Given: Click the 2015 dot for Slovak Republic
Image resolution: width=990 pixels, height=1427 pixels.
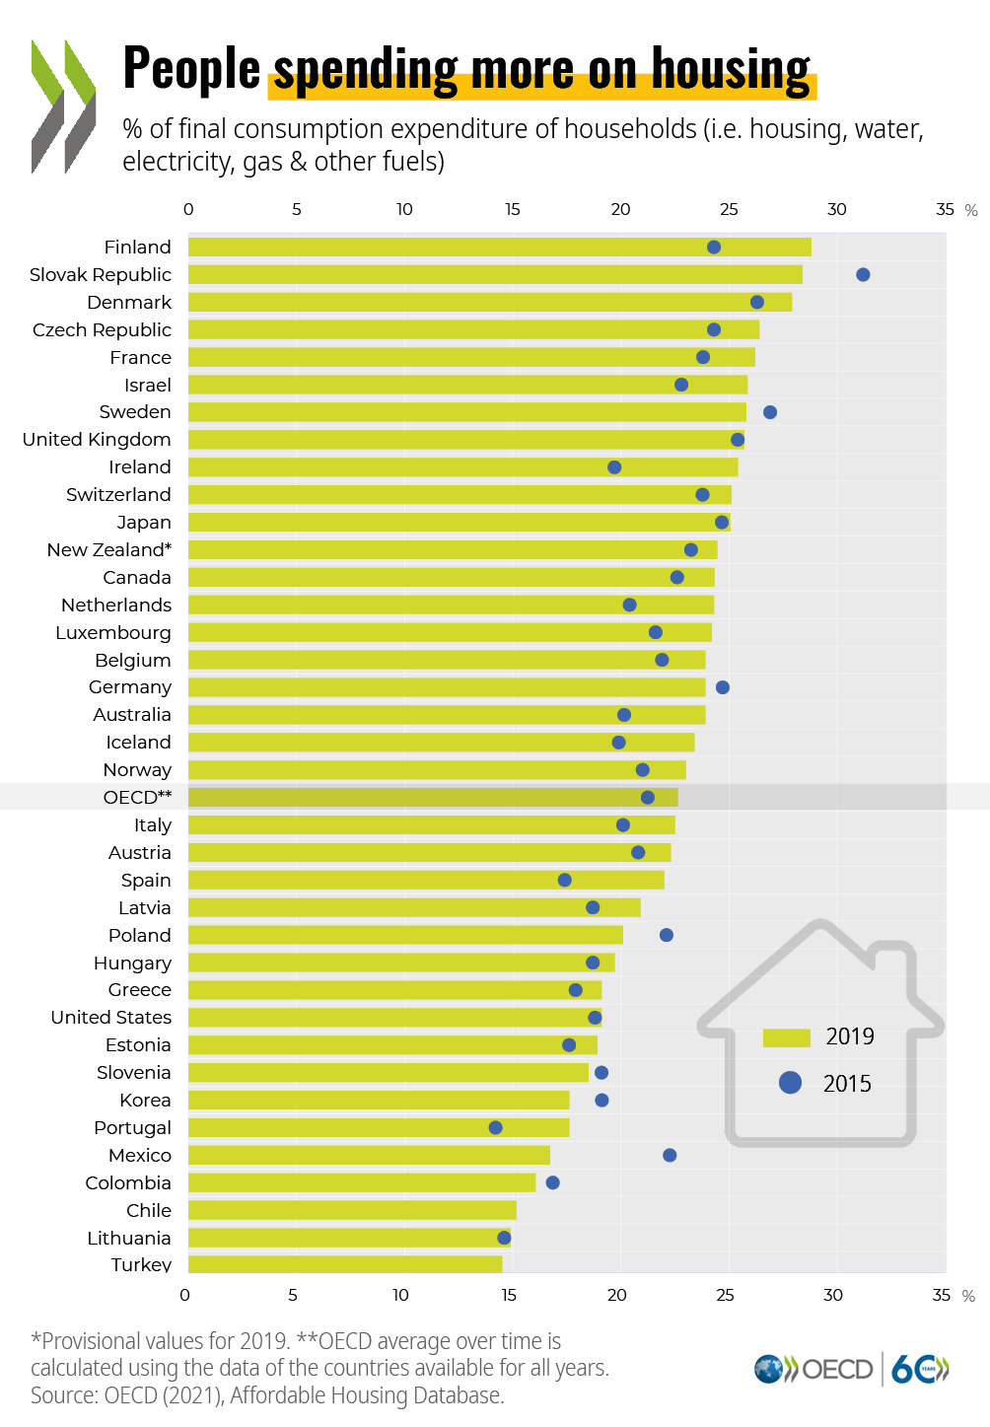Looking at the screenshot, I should click(863, 274).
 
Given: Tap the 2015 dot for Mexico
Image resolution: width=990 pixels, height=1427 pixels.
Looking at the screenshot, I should click(670, 1155).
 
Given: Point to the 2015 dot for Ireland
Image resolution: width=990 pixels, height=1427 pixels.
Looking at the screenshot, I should click(614, 467).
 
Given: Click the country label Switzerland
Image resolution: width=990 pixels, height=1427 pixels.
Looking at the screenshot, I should click(118, 495).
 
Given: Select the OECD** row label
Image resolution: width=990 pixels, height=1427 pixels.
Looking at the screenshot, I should click(137, 797).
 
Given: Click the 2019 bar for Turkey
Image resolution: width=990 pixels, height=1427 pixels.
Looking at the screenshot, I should click(345, 1264).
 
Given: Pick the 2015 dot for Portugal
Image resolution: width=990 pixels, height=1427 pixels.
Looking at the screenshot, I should click(495, 1127).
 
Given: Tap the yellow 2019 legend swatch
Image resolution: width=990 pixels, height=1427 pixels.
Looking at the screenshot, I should click(786, 1037).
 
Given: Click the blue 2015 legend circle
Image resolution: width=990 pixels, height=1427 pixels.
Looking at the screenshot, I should click(790, 1083).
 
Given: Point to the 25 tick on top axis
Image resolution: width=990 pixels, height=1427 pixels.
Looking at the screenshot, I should click(729, 209).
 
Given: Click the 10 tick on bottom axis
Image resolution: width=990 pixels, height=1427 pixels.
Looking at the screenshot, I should click(400, 1295).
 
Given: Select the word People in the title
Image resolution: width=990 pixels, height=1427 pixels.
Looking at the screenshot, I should click(191, 69).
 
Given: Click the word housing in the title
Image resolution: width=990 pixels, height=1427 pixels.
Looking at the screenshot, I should click(731, 69).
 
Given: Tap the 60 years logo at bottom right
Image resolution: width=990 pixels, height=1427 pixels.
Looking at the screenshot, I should click(919, 1369).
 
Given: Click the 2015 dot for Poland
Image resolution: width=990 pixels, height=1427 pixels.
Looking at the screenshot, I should click(666, 935).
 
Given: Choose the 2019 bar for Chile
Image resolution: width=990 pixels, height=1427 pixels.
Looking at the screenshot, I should click(352, 1210).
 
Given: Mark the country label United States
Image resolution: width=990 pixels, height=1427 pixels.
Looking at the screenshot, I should click(110, 1017).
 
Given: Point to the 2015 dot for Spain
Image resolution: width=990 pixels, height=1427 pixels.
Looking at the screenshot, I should click(564, 880).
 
